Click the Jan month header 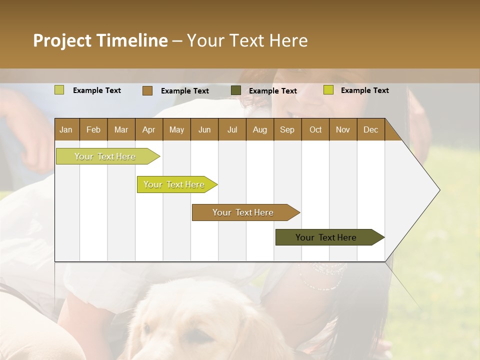point(66,129)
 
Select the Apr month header point(148,129)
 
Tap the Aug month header point(259,129)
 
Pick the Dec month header point(370,129)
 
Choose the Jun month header point(204,129)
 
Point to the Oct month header point(315,129)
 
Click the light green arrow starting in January point(105,156)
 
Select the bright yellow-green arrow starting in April point(174,184)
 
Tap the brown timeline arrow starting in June point(243,212)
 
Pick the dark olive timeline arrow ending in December point(326,237)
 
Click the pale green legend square point(59,90)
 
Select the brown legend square point(147,90)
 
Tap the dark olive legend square point(235,90)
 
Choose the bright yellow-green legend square point(328,90)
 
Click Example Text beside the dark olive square point(272,91)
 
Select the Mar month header point(121,129)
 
